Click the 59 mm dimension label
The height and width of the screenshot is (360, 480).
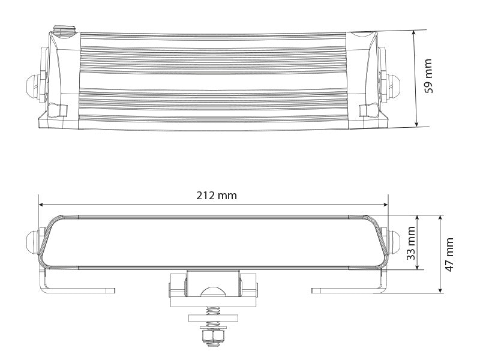click(x=428, y=76)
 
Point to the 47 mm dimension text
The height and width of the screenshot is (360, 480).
click(x=449, y=254)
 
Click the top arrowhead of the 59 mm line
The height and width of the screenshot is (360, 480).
click(x=416, y=32)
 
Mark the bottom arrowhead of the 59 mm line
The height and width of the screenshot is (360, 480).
click(x=416, y=124)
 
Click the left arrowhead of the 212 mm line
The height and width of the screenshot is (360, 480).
click(x=41, y=203)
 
